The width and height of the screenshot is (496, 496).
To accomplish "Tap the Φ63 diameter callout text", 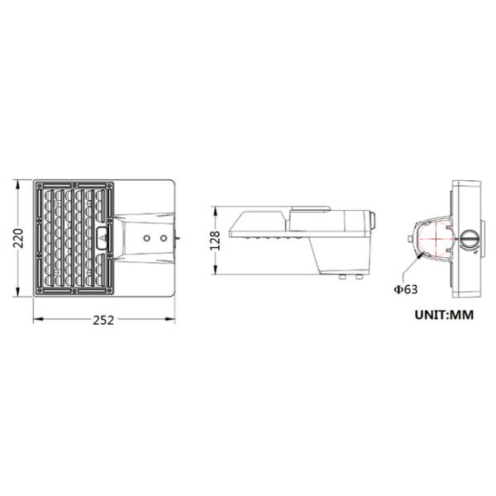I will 406,289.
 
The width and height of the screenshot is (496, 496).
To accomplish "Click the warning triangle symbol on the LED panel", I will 103,239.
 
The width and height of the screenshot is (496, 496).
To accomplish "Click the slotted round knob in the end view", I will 470,239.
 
